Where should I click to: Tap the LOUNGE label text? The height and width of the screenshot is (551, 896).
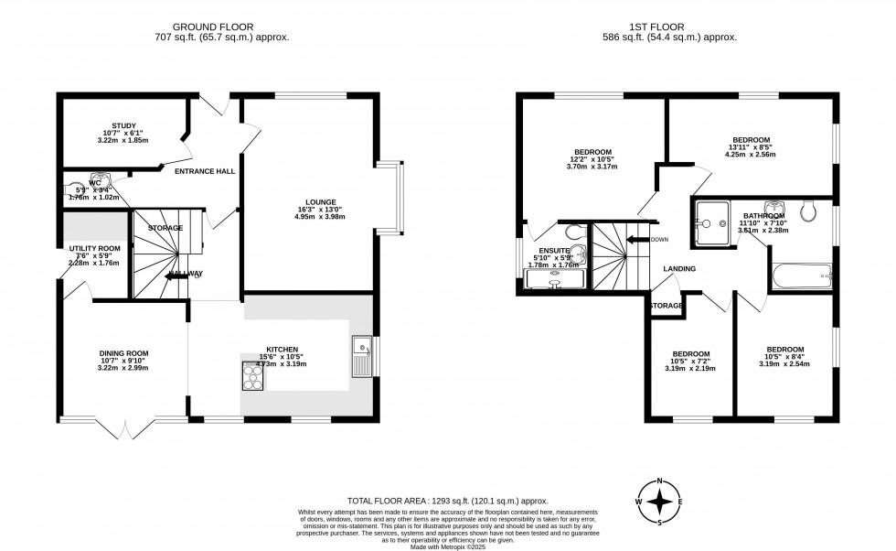pyautogui.click(x=321, y=201)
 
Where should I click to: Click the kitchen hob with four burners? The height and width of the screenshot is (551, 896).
pyautogui.click(x=251, y=375)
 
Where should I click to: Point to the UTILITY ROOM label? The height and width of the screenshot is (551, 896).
pyautogui.click(x=94, y=248)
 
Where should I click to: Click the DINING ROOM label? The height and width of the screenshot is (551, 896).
pyautogui.click(x=123, y=353)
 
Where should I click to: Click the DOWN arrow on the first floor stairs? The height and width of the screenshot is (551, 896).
pyautogui.click(x=637, y=240)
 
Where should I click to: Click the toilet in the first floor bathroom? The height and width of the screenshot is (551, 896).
pyautogui.click(x=807, y=211)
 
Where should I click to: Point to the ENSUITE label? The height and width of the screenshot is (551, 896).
pyautogui.click(x=554, y=250)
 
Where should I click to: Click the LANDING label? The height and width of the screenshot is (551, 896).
pyautogui.click(x=679, y=269)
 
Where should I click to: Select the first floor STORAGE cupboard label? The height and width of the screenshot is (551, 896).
pyautogui.click(x=667, y=306)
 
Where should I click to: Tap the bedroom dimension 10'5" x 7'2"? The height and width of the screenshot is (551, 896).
pyautogui.click(x=691, y=362)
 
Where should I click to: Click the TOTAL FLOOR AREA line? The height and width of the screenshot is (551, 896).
pyautogui.click(x=447, y=501)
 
